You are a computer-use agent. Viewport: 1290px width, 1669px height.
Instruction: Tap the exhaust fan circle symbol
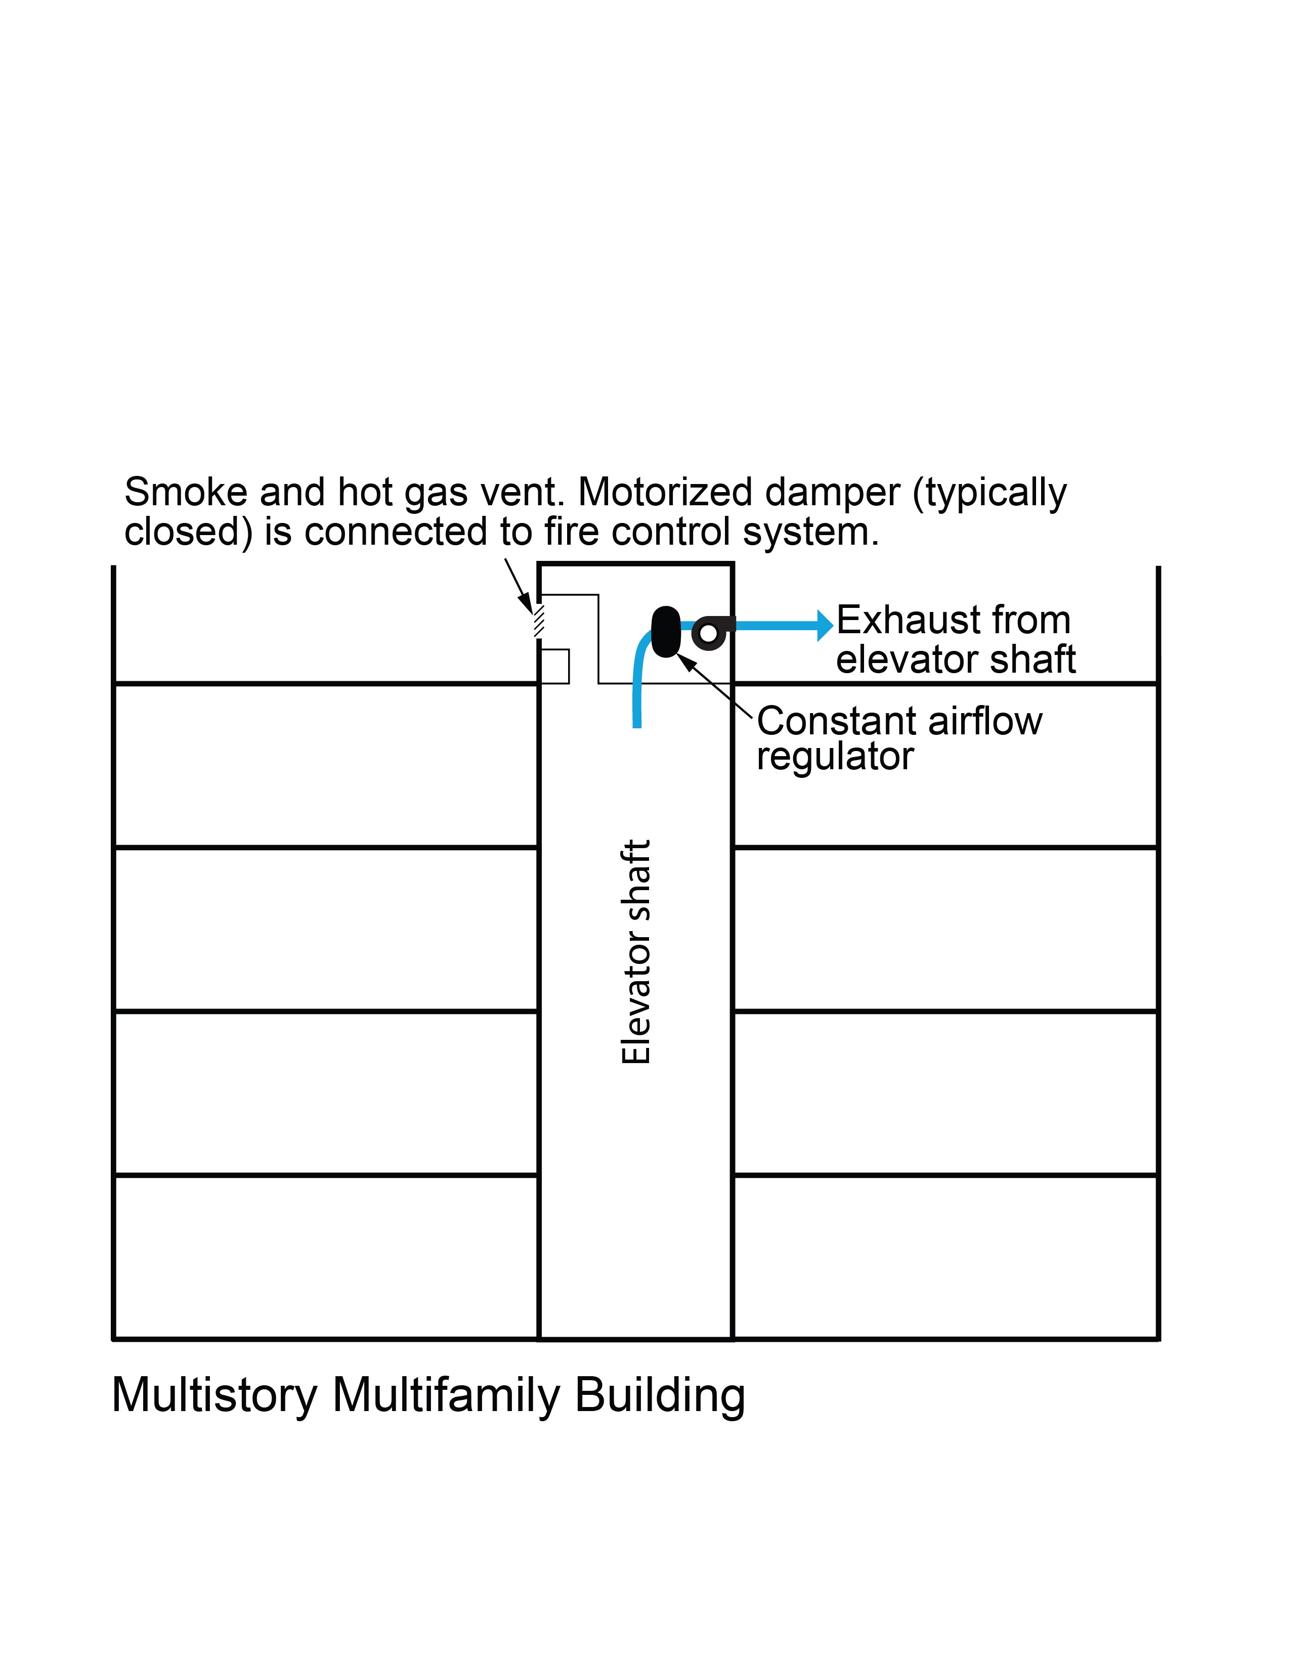coord(708,633)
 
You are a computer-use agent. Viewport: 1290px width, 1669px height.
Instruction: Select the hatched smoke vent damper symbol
coord(539,621)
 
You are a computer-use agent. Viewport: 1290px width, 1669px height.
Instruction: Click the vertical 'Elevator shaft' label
coord(636,951)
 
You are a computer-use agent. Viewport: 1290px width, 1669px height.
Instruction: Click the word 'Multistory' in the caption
coord(214,1395)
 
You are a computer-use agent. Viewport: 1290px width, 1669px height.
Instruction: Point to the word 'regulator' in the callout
coord(835,757)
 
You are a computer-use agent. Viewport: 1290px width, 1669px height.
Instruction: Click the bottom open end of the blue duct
coord(636,724)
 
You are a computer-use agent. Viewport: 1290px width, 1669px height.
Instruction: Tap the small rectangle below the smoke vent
coord(555,666)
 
